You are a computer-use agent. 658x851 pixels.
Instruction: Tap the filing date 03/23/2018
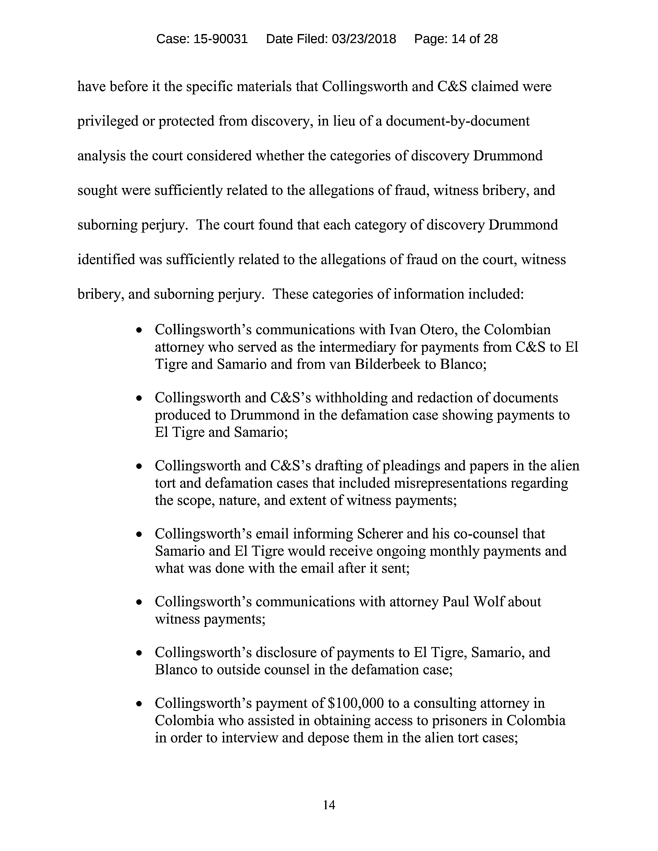tap(364, 39)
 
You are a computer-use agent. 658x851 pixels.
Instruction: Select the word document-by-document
tap(458, 121)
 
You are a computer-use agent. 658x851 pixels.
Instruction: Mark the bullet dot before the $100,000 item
tap(139, 704)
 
